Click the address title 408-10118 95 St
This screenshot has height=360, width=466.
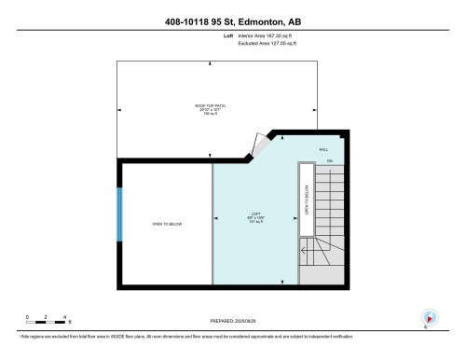(x=232, y=21)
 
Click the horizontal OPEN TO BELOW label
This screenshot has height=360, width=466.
(x=166, y=225)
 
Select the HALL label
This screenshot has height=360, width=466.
(x=323, y=149)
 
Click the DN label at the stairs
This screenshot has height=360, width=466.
(x=329, y=161)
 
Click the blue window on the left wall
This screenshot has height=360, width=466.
(x=118, y=214)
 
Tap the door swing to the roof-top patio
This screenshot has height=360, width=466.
(x=253, y=145)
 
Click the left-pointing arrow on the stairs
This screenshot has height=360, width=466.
(x=304, y=248)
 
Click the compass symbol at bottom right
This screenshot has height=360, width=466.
(x=430, y=317)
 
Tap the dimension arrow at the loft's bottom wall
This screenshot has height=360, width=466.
(x=283, y=283)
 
